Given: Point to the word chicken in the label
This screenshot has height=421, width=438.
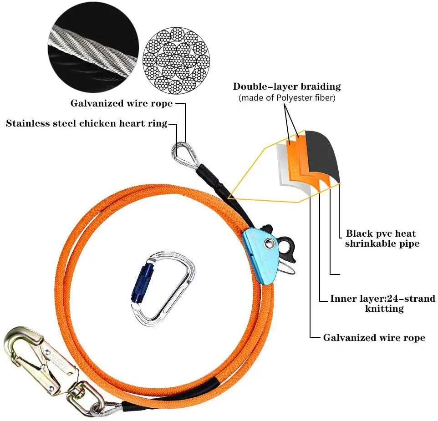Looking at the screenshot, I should pos(97,123).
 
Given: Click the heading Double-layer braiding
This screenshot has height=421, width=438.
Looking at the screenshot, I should pos(287,86).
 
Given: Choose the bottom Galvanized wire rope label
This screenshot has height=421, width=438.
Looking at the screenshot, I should pos(374,338).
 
